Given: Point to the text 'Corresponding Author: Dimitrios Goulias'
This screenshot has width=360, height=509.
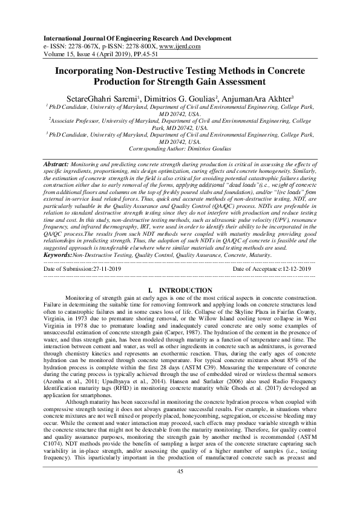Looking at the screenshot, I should point(180,148).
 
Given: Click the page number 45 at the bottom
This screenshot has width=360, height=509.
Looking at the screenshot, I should point(180,488).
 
